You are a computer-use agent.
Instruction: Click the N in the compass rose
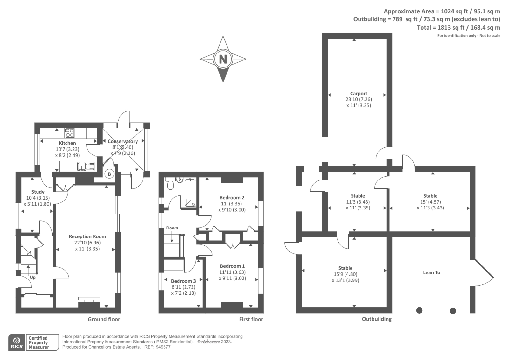pyautogui.click(x=223, y=59)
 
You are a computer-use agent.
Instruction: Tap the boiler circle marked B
pyautogui.click(x=109, y=174)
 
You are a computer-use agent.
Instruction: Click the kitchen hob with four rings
pyautogui.click(x=69, y=132)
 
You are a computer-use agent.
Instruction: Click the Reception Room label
pyautogui.click(x=87, y=236)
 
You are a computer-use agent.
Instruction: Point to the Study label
pyautogui.click(x=38, y=192)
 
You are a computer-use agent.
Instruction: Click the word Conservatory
pyautogui.click(x=122, y=141)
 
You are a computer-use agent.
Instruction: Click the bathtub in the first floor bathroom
pyautogui.click(x=190, y=193)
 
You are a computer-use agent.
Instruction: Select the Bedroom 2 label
pyautogui.click(x=232, y=197)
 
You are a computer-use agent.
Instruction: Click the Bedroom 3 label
pyautogui.click(x=183, y=281)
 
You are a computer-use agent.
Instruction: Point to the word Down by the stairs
pyautogui.click(x=172, y=228)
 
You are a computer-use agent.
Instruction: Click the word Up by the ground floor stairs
pyautogui.click(x=32, y=277)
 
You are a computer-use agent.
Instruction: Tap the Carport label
pyautogui.click(x=359, y=93)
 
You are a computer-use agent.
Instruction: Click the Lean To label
pyautogui.click(x=431, y=272)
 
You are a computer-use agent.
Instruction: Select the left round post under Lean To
pyautogui.click(x=419, y=310)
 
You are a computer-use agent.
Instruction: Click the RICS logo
pyautogui.click(x=17, y=342)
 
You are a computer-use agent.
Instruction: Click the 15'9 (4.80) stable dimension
pyautogui.click(x=345, y=274)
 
